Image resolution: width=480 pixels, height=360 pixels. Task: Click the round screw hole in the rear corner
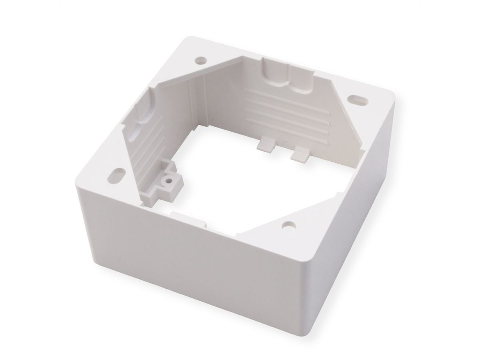click(x=200, y=61)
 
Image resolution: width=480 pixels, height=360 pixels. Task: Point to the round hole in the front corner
click(x=286, y=226)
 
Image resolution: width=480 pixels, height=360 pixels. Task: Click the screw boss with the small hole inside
click(x=168, y=180)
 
